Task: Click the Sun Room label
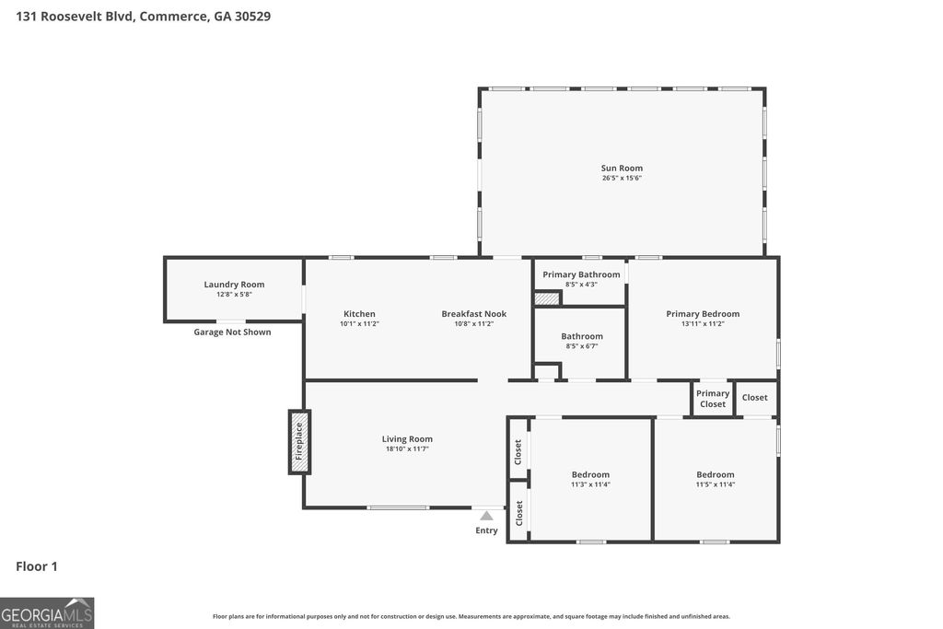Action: [622, 168]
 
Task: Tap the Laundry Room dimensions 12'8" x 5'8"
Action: [234, 295]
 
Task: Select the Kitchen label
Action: [359, 314]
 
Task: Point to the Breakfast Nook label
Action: [473, 314]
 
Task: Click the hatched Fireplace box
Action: [299, 442]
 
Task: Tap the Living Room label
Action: [407, 439]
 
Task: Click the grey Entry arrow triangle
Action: [486, 516]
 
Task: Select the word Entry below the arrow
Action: [486, 530]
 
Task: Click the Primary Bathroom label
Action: [580, 274]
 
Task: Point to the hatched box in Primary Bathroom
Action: [547, 298]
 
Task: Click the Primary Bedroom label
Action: [703, 314]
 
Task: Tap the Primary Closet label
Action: [713, 399]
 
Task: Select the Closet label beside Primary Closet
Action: [754, 398]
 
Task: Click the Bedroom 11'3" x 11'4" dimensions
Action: [590, 484]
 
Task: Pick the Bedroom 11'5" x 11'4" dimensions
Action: [716, 484]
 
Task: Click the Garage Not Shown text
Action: [232, 332]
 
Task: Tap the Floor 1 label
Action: [37, 566]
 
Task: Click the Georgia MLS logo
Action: [47, 612]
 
